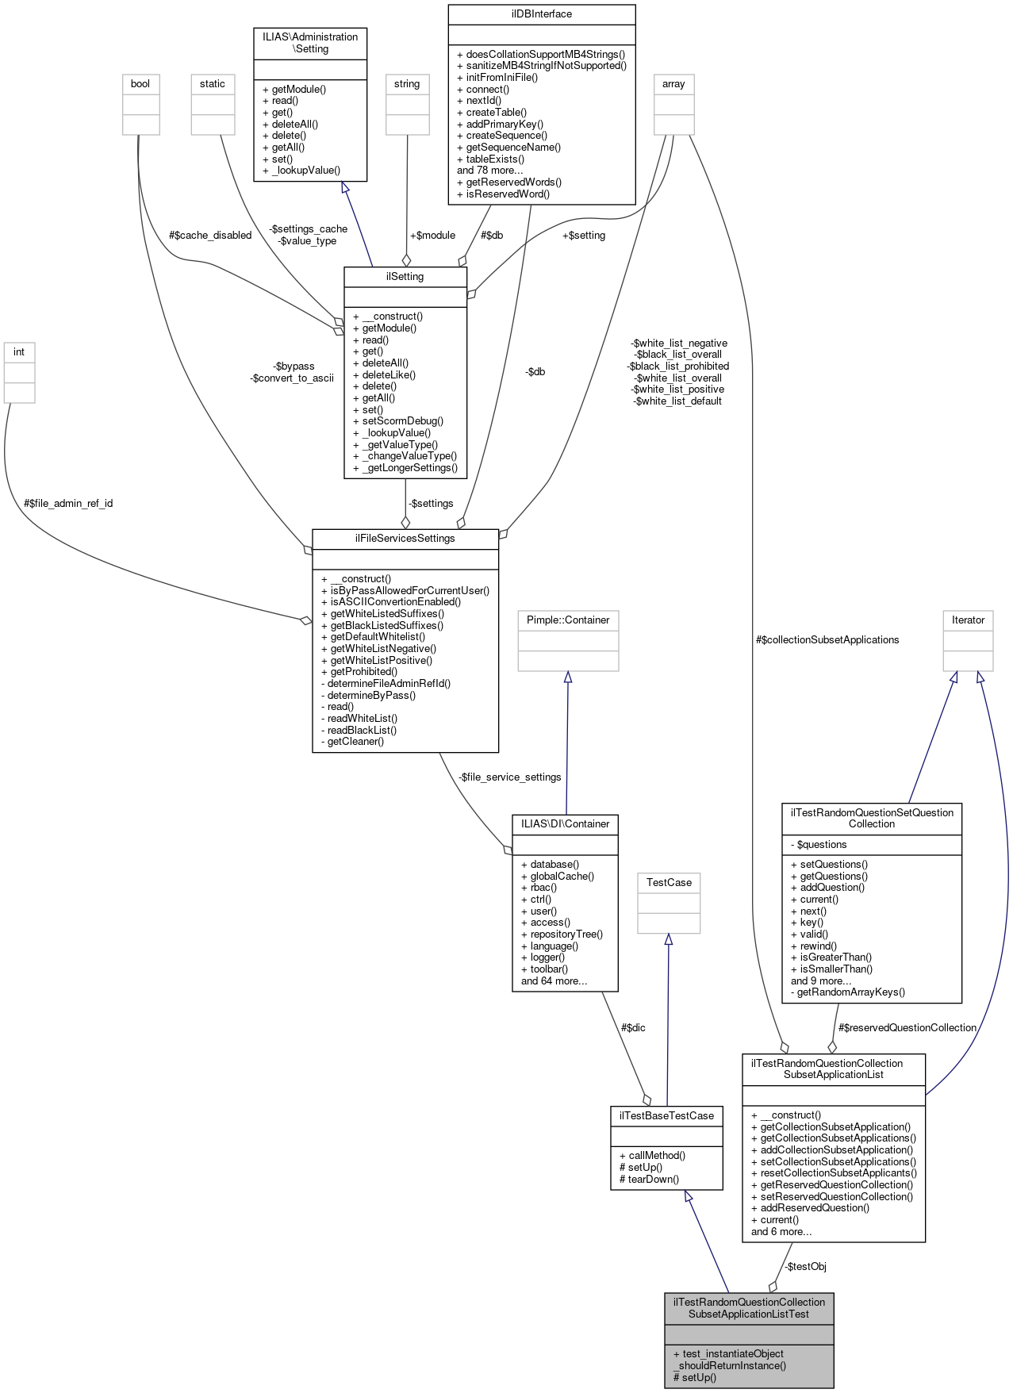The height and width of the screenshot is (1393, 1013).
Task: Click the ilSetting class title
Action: pos(405,277)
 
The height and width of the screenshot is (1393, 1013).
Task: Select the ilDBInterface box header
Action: pos(541,14)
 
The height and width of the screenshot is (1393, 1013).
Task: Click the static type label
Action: pos(212,84)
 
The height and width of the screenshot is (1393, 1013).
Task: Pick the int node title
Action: pos(19,352)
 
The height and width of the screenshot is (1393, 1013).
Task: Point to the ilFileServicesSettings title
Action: pos(405,539)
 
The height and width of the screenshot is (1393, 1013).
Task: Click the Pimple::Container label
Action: pos(567,620)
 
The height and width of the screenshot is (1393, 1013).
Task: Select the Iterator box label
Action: pos(968,620)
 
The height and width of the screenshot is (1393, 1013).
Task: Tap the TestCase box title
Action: pos(668,883)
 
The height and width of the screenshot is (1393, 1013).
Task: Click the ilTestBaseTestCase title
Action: pos(666,1116)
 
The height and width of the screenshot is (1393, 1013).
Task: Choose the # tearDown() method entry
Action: pos(649,1180)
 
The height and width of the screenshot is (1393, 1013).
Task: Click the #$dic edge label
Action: pos(632,1028)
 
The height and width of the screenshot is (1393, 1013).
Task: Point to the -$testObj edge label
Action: pos(805,1267)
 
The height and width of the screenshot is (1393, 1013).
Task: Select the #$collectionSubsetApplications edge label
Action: pos(827,640)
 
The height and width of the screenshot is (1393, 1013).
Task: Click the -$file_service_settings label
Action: pos(509,777)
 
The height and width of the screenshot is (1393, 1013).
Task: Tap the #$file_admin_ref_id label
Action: pos(68,504)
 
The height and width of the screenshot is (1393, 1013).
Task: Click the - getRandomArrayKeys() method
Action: pos(847,992)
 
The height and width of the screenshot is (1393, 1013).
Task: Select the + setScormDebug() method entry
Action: pos(398,421)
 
